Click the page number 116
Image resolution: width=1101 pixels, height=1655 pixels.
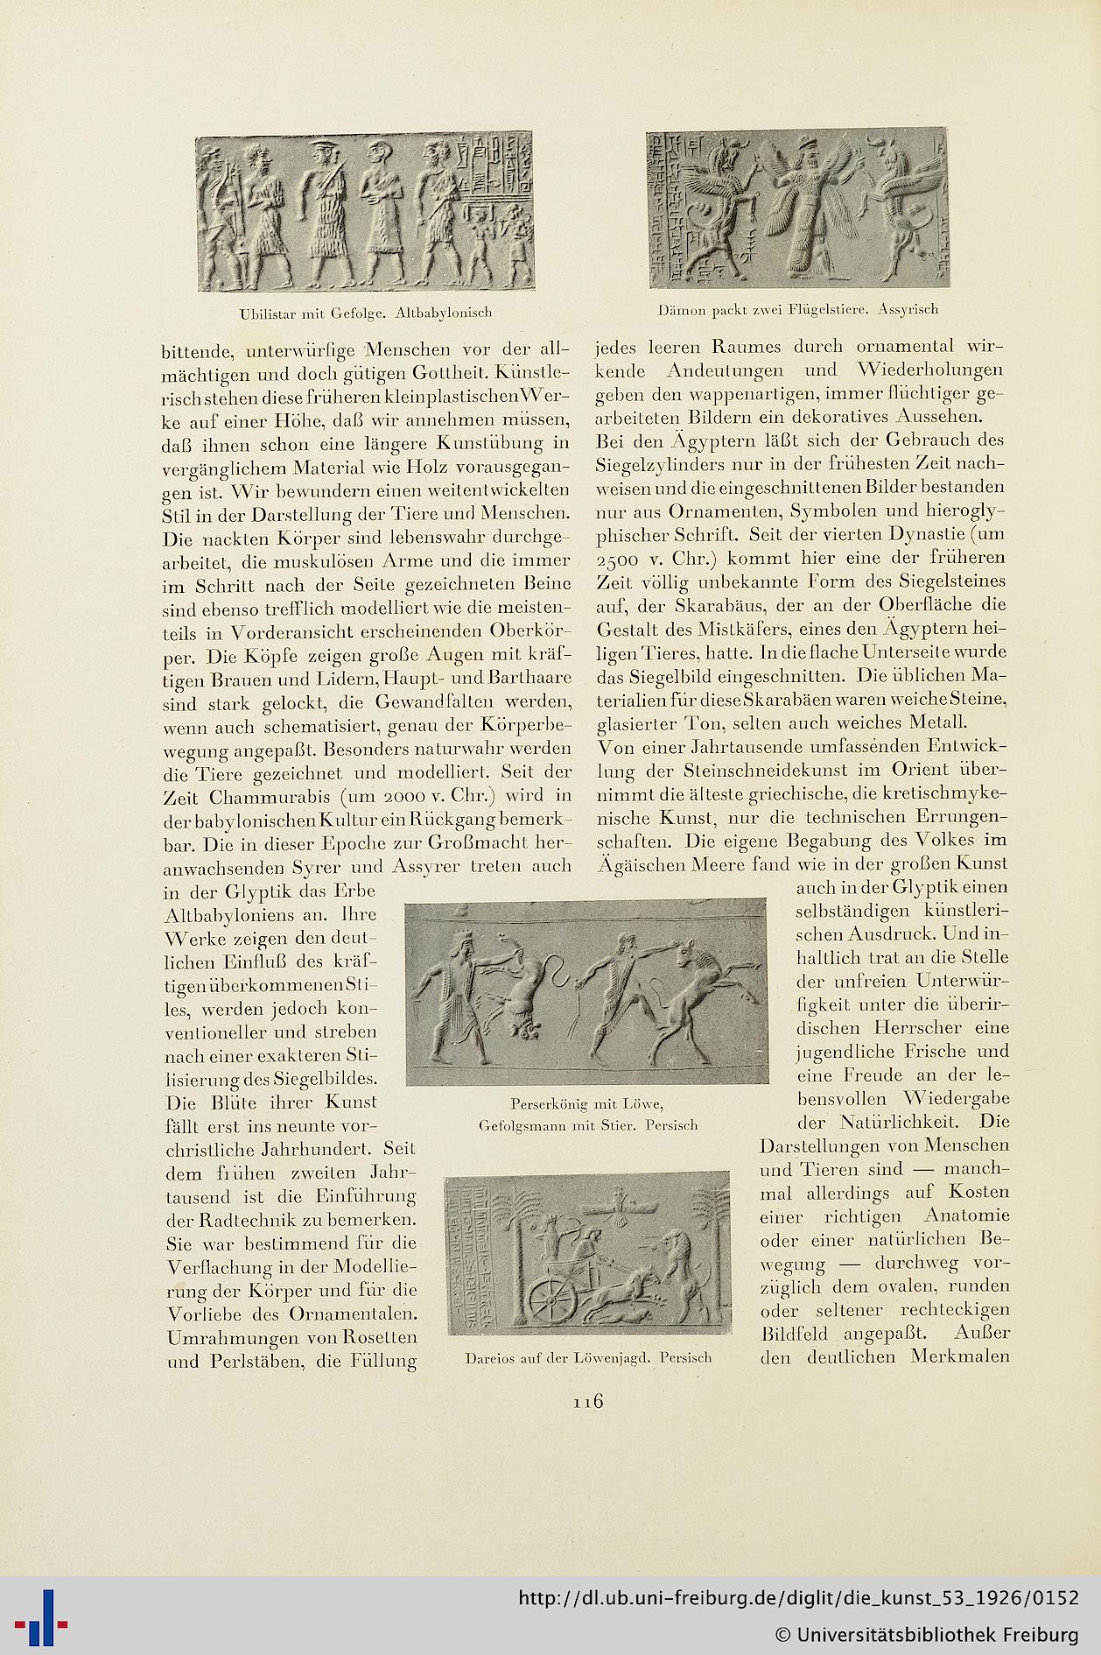point(588,1402)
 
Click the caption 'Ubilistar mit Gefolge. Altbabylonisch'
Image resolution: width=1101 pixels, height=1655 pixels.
point(366,313)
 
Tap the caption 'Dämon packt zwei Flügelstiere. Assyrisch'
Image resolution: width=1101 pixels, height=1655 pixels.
point(797,309)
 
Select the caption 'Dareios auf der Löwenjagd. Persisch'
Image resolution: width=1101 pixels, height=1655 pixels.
point(588,1358)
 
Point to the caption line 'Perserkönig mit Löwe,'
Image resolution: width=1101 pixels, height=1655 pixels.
point(587,1103)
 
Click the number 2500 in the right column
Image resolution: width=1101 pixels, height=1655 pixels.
point(622,559)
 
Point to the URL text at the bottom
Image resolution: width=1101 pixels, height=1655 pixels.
point(798,1598)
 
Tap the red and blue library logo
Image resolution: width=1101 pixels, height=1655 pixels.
point(40,1616)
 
